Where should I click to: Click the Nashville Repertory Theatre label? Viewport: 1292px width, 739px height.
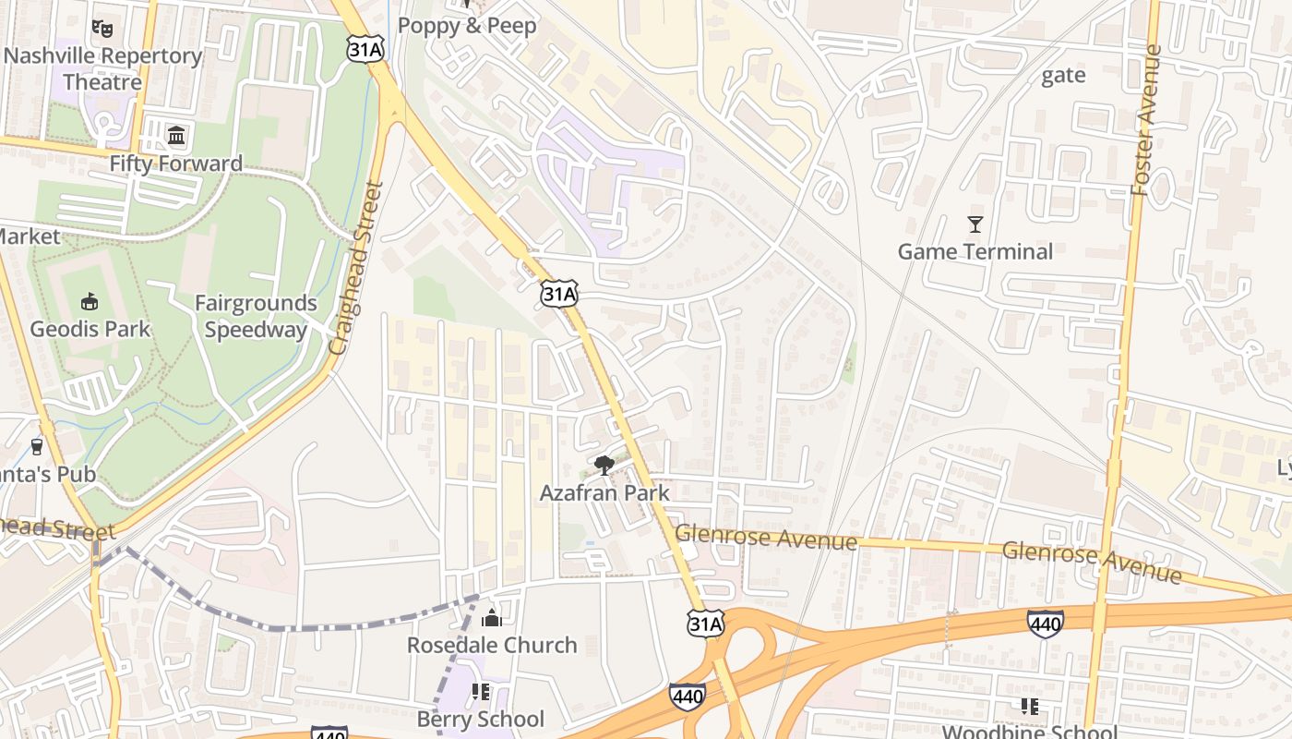pyautogui.click(x=102, y=68)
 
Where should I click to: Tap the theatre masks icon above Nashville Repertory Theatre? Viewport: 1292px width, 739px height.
pyautogui.click(x=102, y=29)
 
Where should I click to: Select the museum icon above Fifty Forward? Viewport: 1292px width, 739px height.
pyautogui.click(x=176, y=137)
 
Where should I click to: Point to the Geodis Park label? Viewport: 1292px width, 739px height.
pyautogui.click(x=90, y=329)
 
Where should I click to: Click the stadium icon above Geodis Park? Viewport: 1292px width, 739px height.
pyautogui.click(x=90, y=301)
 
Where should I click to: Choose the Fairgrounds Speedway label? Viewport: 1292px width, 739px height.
pyautogui.click(x=256, y=316)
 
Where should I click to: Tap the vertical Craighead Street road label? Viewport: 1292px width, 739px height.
pyautogui.click(x=356, y=268)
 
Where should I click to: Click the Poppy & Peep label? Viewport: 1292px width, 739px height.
pyautogui.click(x=467, y=26)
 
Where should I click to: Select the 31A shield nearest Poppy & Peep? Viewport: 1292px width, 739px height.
pyautogui.click(x=365, y=49)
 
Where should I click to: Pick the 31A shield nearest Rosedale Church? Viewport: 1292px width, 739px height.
pyautogui.click(x=706, y=624)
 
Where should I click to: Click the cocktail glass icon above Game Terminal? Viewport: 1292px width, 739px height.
pyautogui.click(x=975, y=224)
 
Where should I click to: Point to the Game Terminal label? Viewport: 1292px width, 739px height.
pyautogui.click(x=975, y=251)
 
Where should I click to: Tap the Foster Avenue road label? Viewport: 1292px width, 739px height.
pyautogui.click(x=1144, y=120)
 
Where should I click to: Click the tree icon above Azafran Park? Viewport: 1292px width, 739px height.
pyautogui.click(x=604, y=465)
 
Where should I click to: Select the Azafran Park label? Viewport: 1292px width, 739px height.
pyautogui.click(x=604, y=492)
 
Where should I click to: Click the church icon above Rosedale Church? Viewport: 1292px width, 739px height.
pyautogui.click(x=492, y=617)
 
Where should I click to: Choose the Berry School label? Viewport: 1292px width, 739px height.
pyautogui.click(x=481, y=719)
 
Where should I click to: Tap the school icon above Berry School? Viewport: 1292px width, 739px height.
pyautogui.click(x=480, y=691)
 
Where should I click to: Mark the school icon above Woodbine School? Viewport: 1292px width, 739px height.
pyautogui.click(x=1030, y=707)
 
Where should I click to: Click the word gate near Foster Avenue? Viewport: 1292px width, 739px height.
pyautogui.click(x=1063, y=76)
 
